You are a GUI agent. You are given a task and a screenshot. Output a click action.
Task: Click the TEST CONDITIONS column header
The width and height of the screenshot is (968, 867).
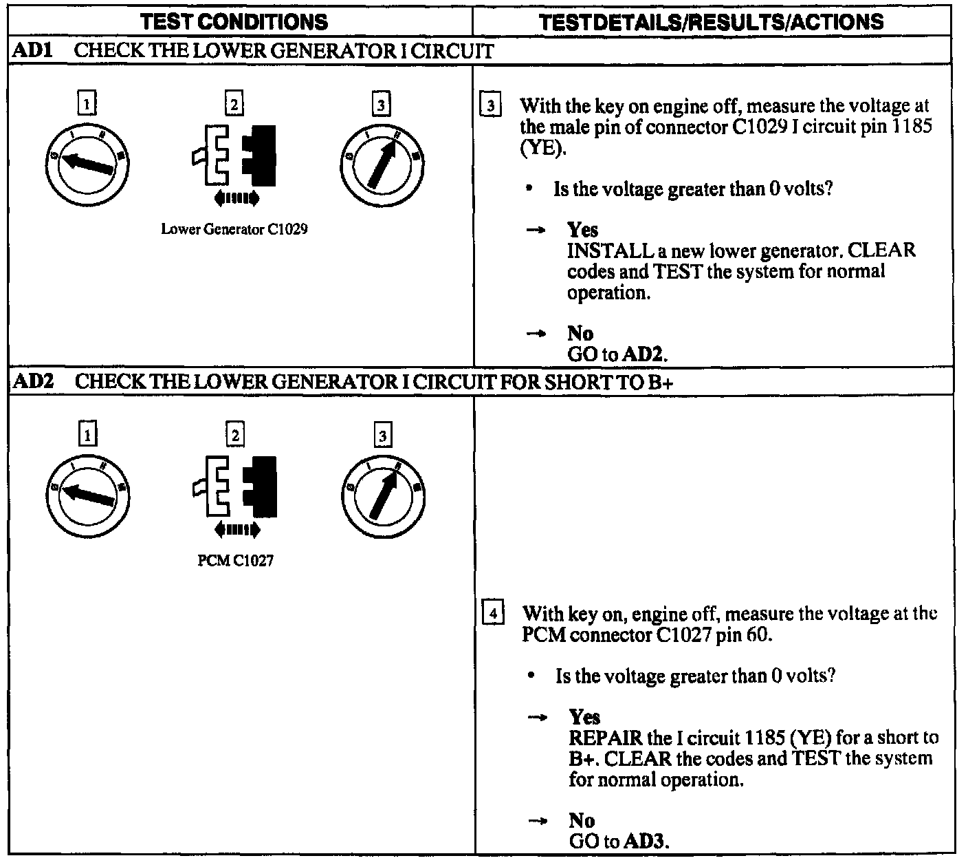point(235,21)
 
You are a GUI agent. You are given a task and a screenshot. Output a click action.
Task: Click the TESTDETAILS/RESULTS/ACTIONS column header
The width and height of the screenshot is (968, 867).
point(712,21)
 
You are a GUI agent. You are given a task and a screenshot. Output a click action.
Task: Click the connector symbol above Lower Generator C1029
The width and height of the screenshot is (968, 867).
point(234,156)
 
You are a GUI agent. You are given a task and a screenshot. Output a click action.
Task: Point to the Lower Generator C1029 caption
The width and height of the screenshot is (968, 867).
point(234,229)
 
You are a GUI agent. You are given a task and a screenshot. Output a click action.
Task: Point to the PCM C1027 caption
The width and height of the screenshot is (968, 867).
point(235,561)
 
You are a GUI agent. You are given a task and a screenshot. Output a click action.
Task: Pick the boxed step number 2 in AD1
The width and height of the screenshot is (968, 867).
point(234,105)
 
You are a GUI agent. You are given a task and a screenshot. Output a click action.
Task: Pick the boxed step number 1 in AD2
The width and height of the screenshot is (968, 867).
point(87,435)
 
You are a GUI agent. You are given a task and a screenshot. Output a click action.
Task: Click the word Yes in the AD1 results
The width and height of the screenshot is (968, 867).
point(583,230)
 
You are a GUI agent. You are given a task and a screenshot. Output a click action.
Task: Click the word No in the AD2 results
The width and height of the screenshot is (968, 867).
point(582,820)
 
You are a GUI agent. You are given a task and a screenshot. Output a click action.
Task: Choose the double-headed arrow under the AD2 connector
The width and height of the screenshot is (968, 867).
point(237,530)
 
